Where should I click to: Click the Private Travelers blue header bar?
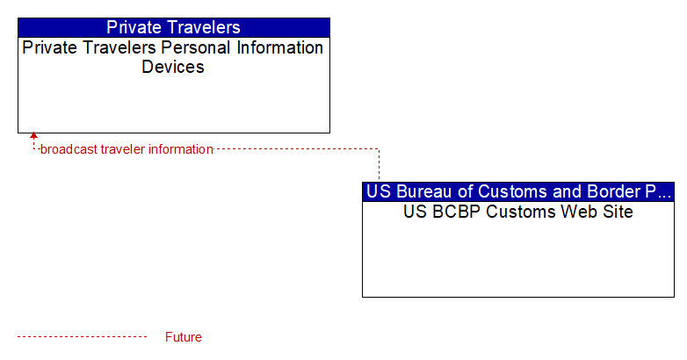click(174, 27)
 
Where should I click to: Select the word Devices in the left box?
click(173, 67)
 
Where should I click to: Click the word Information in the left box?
click(280, 47)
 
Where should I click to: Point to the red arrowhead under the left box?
click(33, 136)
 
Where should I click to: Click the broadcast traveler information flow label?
click(127, 149)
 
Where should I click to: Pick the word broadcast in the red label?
click(69, 149)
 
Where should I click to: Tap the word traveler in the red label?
click(123, 149)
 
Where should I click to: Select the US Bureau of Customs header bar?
click(518, 191)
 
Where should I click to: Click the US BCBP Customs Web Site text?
click(518, 212)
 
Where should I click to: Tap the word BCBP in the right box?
click(457, 212)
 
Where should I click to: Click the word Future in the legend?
click(184, 337)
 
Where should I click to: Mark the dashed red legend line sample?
click(82, 337)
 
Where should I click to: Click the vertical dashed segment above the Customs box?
click(379, 164)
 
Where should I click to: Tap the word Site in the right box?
click(618, 212)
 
